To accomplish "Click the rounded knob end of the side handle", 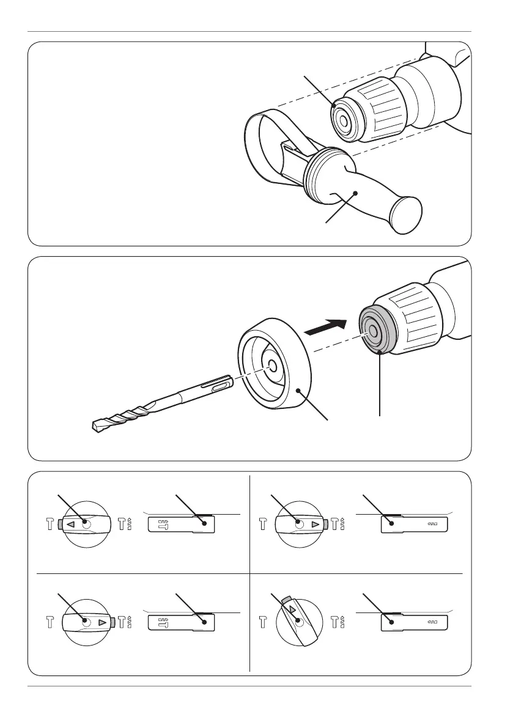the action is point(405,214).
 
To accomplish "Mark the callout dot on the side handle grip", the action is point(356,194).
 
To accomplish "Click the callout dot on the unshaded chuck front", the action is point(333,105).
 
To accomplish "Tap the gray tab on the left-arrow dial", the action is point(58,524).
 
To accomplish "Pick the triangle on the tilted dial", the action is point(292,610).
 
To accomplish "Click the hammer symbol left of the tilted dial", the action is point(264,623).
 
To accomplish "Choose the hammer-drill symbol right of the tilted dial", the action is point(338,623).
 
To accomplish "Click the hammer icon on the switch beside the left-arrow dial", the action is point(163,524).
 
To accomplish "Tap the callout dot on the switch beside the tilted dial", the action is point(392,622).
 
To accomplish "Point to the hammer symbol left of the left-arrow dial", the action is point(50,524).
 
